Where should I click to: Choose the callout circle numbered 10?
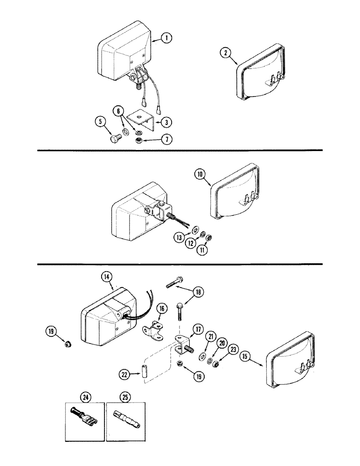pyautogui.click(x=200, y=175)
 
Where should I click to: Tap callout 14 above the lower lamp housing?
pyautogui.click(x=106, y=277)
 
